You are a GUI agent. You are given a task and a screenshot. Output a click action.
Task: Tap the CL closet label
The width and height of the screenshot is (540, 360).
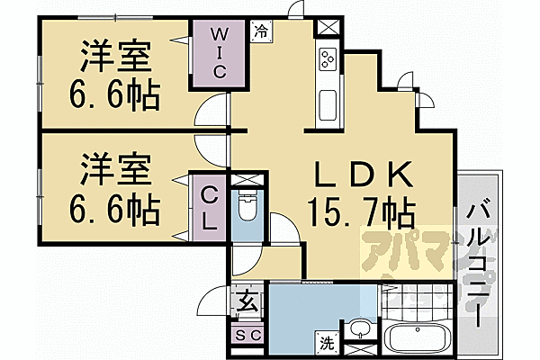tap(209, 207)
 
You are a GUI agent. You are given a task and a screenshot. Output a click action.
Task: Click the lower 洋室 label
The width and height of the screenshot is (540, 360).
tap(114, 169)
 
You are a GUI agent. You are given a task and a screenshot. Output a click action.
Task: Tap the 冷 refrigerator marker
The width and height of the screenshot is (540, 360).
tap(261, 30)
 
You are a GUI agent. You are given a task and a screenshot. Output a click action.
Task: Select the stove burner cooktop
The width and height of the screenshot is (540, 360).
tap(326, 58)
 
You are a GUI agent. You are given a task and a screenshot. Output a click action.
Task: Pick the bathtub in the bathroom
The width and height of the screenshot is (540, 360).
tap(416, 342)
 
